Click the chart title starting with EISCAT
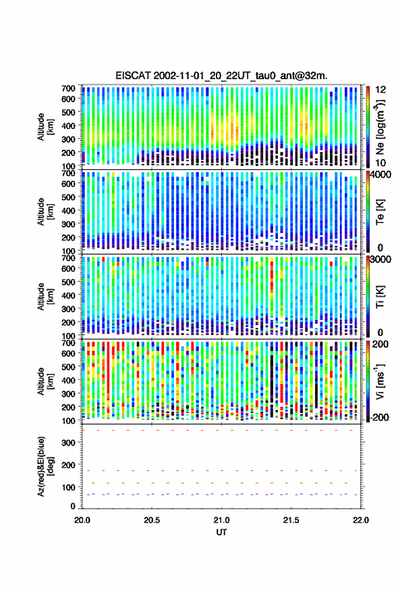click(221, 76)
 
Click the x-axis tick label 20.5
click(152, 520)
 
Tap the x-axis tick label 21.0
click(221, 520)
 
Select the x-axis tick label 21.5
click(291, 520)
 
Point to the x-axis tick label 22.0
click(360, 520)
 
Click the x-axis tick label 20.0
click(82, 520)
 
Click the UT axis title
click(221, 532)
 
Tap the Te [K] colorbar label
click(380, 212)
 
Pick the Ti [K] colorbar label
click(380, 297)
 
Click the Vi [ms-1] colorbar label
click(380, 381)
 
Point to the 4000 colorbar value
click(381, 175)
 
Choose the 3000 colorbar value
click(381, 260)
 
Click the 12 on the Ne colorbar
click(381, 90)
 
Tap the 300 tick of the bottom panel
click(68, 443)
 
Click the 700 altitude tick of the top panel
click(68, 88)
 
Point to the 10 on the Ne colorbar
click(381, 163)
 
